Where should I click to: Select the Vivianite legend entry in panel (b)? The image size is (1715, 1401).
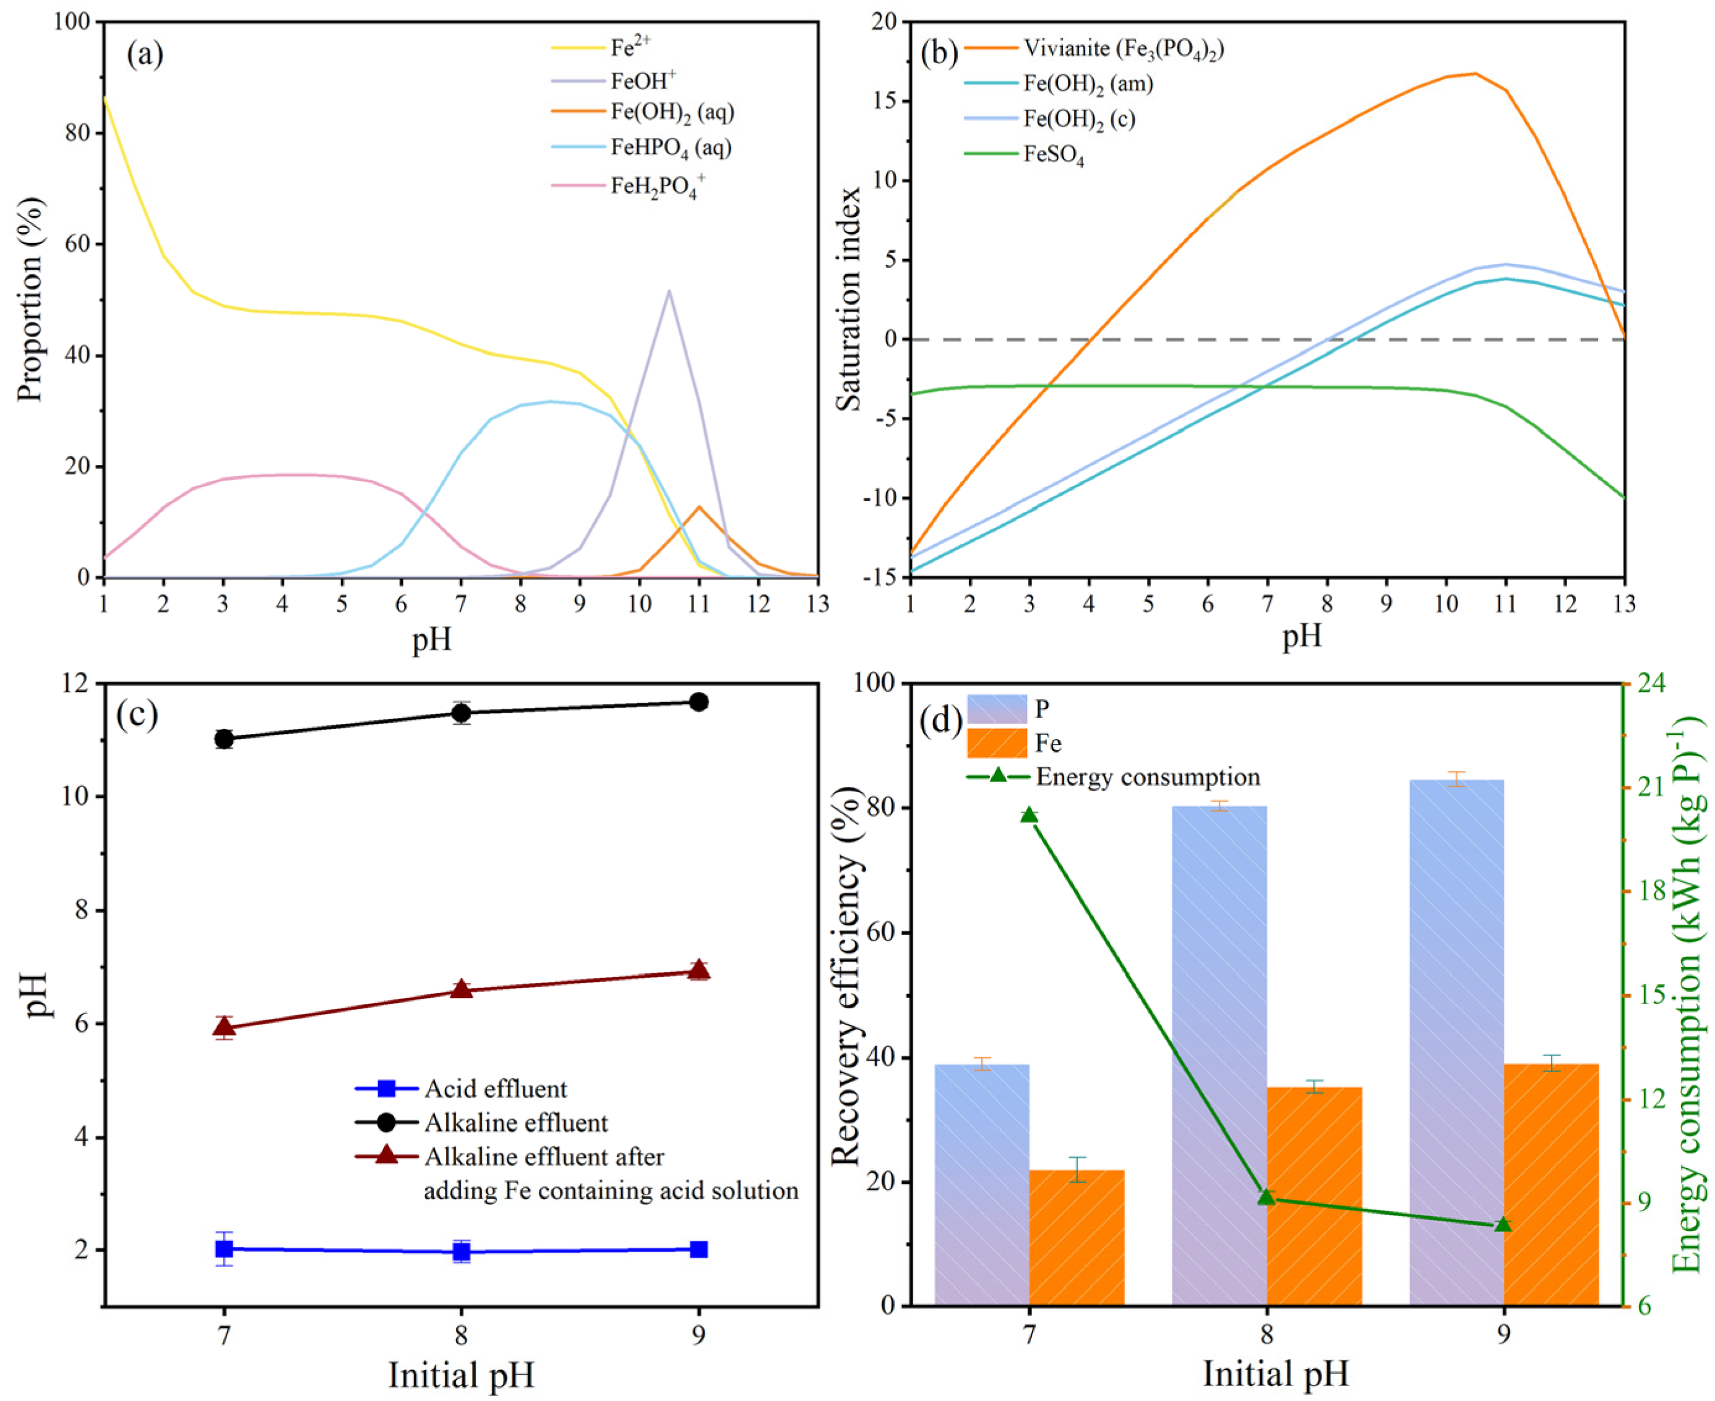coord(1123,48)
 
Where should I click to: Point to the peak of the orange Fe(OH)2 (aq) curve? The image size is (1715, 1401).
coord(698,507)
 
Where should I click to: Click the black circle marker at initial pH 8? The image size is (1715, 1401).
coord(461,713)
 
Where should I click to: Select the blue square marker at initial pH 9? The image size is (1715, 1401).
coord(698,1250)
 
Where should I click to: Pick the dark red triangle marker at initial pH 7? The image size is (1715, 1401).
coord(225,1026)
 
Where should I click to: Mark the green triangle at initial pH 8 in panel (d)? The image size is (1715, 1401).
coord(1266,1197)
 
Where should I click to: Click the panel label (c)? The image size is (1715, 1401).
coord(137,715)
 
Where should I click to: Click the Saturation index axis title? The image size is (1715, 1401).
coord(848,299)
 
